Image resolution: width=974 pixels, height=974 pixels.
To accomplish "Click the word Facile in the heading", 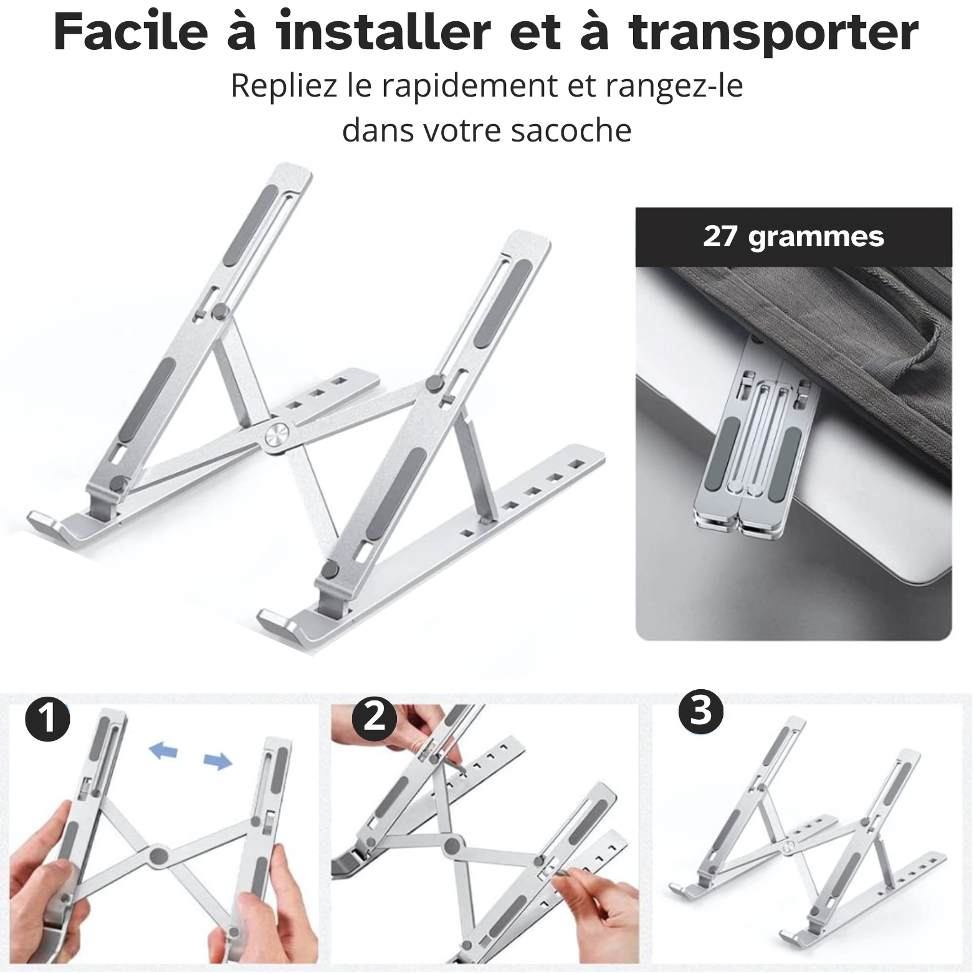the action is tap(130, 32).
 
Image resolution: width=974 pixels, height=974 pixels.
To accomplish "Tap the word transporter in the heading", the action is tap(774, 34).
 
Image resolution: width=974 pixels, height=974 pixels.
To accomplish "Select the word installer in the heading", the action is tap(384, 32).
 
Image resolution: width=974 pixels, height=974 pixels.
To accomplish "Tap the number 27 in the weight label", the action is tap(720, 237).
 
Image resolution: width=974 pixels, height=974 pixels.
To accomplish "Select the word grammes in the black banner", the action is tap(816, 239).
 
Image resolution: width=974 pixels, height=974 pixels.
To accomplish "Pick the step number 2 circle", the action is tap(375, 719).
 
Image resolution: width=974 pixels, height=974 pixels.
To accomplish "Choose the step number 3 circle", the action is tap(700, 711).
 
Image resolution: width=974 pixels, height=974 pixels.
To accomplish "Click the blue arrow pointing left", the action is tap(163, 750).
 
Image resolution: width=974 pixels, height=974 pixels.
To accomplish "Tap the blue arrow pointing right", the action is tap(218, 760).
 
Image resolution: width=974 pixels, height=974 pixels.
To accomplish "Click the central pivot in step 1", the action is tap(159, 856).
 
